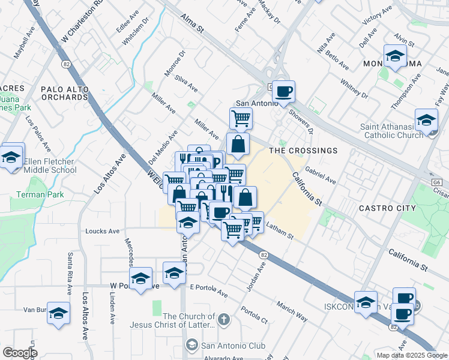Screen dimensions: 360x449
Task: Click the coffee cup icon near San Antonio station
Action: tap(284, 92)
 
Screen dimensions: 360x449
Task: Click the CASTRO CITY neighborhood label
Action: tap(387, 208)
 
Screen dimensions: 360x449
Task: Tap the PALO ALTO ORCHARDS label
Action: tap(65, 93)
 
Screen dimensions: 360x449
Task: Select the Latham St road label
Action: tap(279, 231)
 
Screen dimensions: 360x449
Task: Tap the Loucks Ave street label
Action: tap(103, 231)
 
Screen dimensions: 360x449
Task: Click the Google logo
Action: tap(20, 353)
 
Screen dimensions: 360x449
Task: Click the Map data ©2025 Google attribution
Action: tap(411, 355)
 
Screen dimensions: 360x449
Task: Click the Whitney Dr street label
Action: tap(354, 88)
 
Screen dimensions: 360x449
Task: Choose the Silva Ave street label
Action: tap(186, 83)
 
